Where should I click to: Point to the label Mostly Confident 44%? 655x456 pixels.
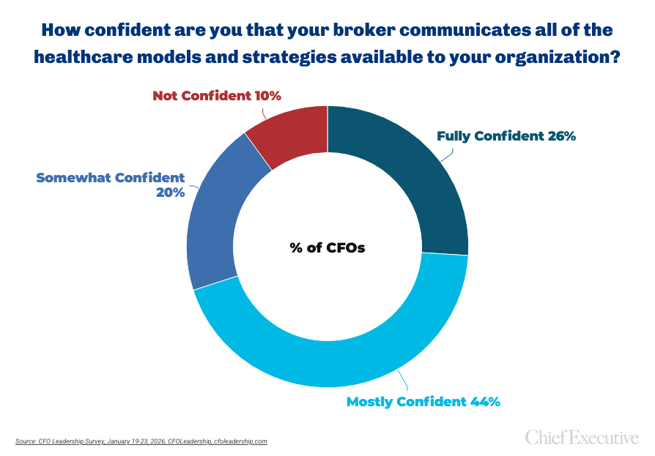point(423,401)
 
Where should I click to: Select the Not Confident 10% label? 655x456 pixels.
point(217,95)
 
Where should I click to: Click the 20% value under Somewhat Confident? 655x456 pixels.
point(169,193)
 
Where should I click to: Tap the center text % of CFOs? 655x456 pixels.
point(327,247)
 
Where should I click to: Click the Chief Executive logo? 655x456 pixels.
point(582,438)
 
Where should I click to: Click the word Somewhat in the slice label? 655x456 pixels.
point(71,177)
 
